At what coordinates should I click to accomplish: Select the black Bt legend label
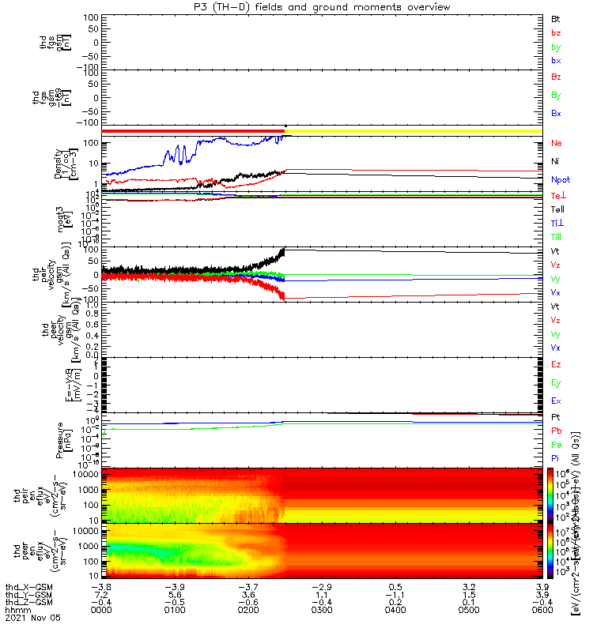[555, 18]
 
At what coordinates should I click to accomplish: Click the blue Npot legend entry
[560, 179]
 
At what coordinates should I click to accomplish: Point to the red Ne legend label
[556, 143]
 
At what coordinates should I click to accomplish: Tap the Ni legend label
[555, 161]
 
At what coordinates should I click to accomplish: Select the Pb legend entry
[556, 430]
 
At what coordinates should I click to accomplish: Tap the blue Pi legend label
[555, 457]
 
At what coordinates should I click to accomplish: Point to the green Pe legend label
[556, 444]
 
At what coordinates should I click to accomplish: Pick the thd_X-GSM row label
[28, 587]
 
